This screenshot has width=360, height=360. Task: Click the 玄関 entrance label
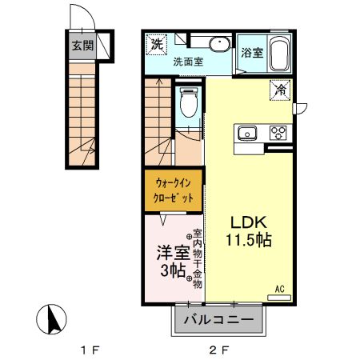coord(81,46)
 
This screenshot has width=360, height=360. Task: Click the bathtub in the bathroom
coord(278,54)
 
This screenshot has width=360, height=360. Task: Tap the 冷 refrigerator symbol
coord(281,90)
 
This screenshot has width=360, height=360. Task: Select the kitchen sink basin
coord(245,133)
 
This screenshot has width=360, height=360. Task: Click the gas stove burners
coord(278,132)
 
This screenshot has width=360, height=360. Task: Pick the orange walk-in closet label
coord(174,190)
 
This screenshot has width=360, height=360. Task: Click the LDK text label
coord(247,222)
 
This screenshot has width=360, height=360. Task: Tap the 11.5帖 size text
coord(247,239)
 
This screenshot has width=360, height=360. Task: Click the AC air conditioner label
coord(280,288)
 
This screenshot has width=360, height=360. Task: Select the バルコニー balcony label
coord(218,322)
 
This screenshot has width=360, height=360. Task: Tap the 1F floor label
coord(89,350)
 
